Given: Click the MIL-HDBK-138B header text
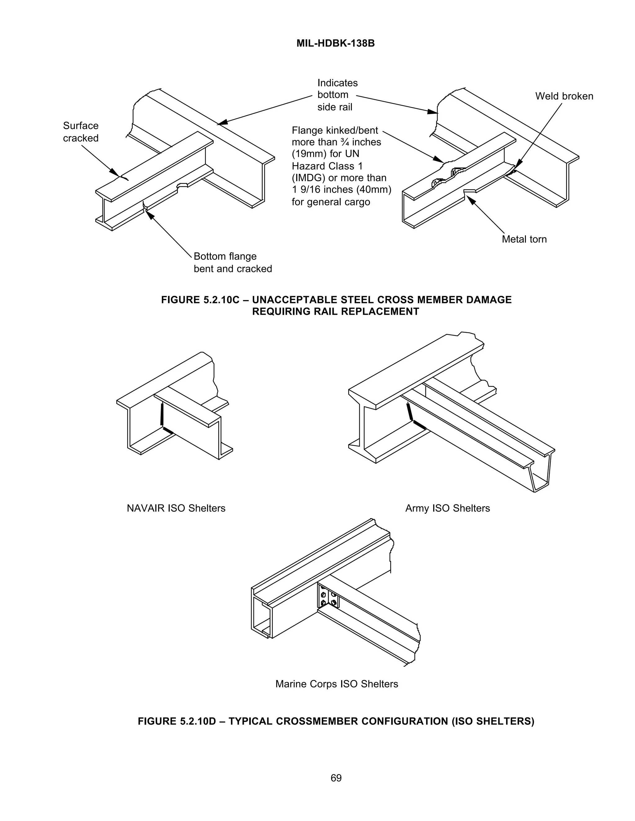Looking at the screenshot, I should click(x=335, y=44).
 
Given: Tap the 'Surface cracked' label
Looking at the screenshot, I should click(x=81, y=132).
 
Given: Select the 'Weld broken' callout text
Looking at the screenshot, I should click(x=564, y=96).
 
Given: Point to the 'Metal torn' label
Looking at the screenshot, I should click(x=524, y=239).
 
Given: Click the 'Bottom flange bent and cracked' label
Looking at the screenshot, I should click(x=233, y=262).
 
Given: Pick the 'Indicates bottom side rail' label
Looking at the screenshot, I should click(x=337, y=95).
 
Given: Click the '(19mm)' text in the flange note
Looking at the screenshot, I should click(x=307, y=154).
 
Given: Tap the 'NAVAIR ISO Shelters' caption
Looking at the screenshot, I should click(x=176, y=508).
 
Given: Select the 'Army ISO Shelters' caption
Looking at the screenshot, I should click(x=447, y=508).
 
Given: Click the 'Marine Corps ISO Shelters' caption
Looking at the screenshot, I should click(x=337, y=684).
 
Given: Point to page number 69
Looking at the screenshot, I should click(x=336, y=778).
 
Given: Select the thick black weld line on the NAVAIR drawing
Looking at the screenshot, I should click(x=162, y=415).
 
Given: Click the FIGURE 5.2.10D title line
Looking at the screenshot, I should click(x=336, y=721).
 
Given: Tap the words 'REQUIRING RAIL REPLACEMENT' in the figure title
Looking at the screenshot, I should click(x=335, y=312).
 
